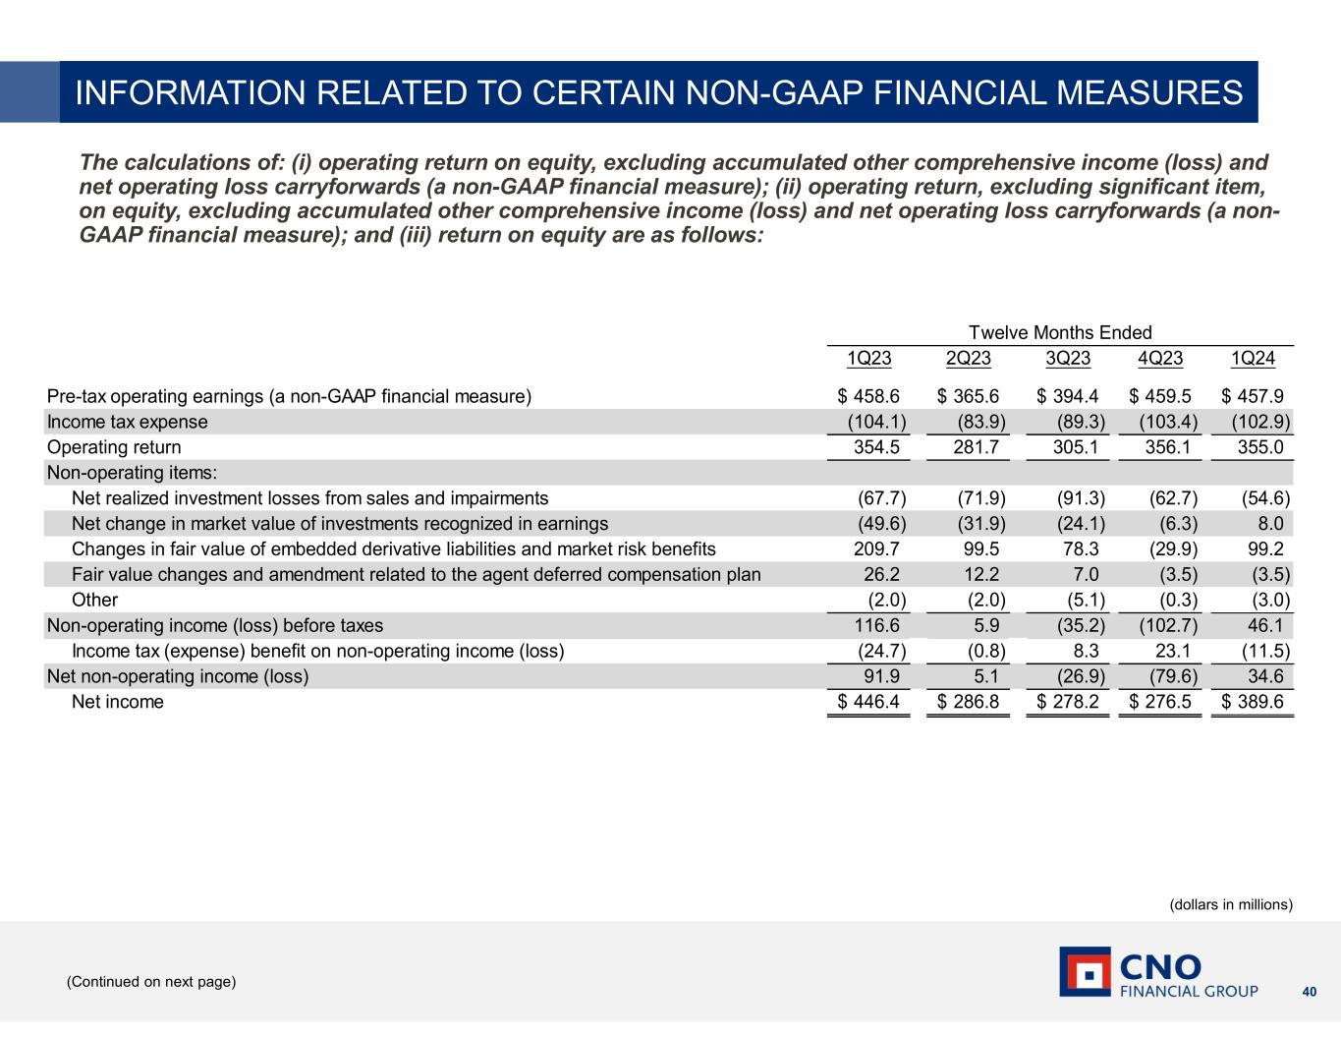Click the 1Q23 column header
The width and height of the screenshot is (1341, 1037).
click(869, 359)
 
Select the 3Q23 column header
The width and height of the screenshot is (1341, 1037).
click(1068, 359)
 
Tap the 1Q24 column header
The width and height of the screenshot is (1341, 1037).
click(1253, 359)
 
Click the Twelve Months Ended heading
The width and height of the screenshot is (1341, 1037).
click(1060, 333)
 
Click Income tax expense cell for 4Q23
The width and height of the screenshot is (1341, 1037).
click(1160, 422)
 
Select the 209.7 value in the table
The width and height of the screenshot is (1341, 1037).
click(881, 548)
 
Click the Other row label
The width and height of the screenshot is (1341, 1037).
click(94, 600)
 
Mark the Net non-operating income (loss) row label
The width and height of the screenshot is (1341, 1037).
click(178, 676)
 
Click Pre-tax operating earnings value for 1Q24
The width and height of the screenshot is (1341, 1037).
click(1253, 396)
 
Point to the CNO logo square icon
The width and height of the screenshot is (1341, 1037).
click(1085, 971)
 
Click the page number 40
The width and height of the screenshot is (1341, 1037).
click(1309, 991)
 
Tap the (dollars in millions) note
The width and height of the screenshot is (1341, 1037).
click(1231, 904)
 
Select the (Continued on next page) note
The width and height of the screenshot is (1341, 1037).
click(151, 981)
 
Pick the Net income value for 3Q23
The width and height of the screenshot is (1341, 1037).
click(1068, 702)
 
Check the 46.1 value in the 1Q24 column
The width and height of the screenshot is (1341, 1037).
click(1264, 625)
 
